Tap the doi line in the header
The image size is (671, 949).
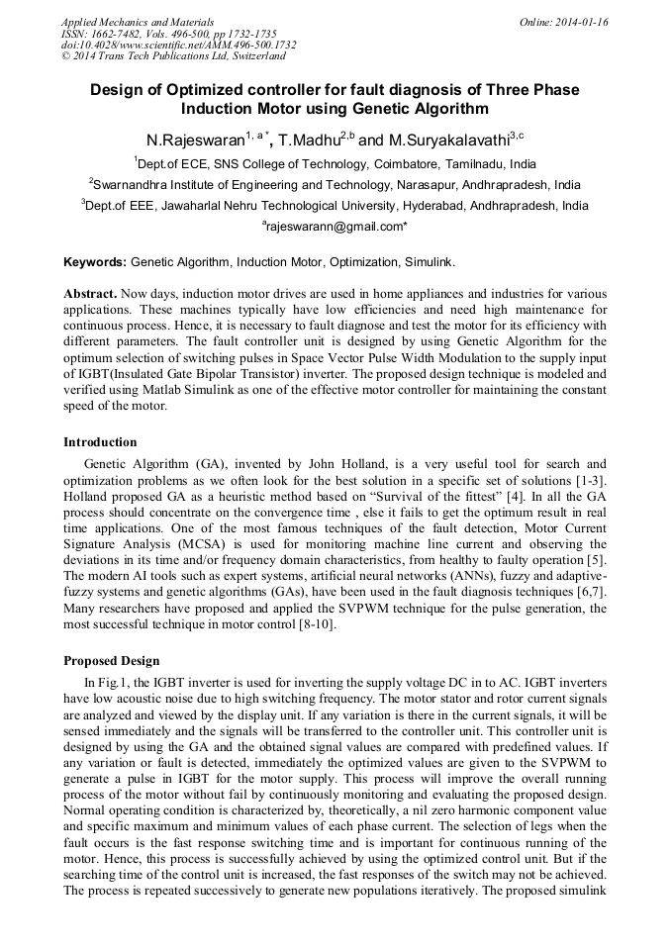click(x=178, y=46)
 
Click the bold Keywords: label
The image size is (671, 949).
click(x=95, y=262)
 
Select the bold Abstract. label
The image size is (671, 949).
click(x=91, y=294)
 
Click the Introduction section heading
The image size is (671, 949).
click(x=100, y=441)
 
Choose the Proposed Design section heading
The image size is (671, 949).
click(x=111, y=660)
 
